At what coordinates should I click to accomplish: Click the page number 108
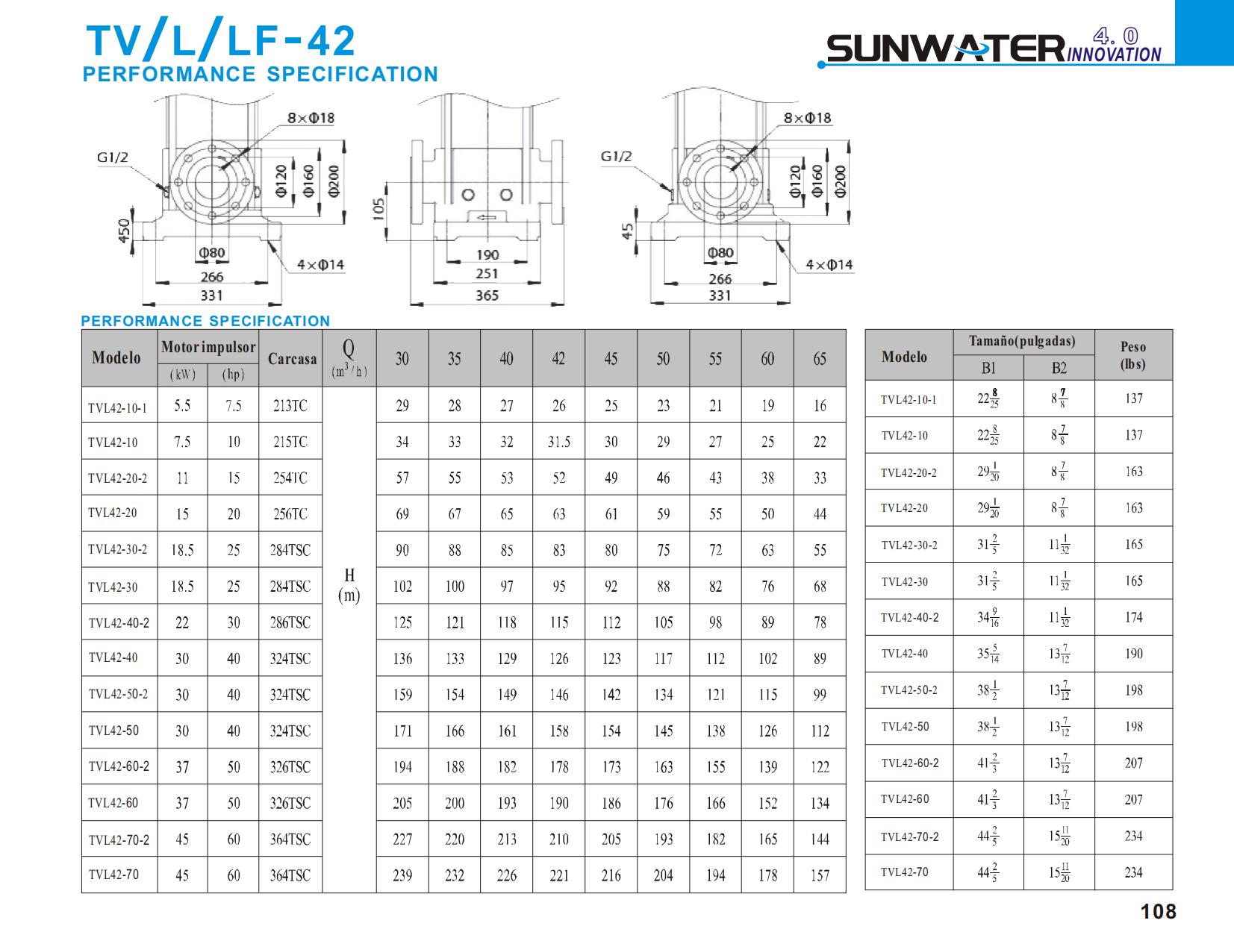[x=1158, y=912]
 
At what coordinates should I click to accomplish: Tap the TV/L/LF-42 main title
[x=221, y=40]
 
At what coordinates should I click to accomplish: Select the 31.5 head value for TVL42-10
[x=558, y=442]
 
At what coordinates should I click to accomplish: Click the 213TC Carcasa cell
[x=290, y=406]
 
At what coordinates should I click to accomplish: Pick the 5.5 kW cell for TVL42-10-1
[x=182, y=406]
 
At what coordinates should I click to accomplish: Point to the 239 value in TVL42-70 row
[x=402, y=875]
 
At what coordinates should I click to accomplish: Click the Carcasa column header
[x=292, y=359]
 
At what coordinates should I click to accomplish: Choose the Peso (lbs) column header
[x=1132, y=355]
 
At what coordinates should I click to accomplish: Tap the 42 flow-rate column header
[x=558, y=359]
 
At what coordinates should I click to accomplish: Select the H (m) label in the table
[x=349, y=585]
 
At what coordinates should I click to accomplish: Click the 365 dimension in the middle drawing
[x=487, y=296]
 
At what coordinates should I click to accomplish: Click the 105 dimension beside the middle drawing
[x=378, y=209]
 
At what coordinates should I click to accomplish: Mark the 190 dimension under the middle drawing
[x=487, y=255]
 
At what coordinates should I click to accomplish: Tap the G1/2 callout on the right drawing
[x=616, y=157]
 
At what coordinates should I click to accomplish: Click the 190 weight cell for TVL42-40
[x=1133, y=654]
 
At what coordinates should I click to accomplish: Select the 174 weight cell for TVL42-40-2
[x=1133, y=617]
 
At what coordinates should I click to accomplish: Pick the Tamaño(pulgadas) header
[x=1022, y=342]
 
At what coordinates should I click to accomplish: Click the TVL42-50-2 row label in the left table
[x=118, y=694]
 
